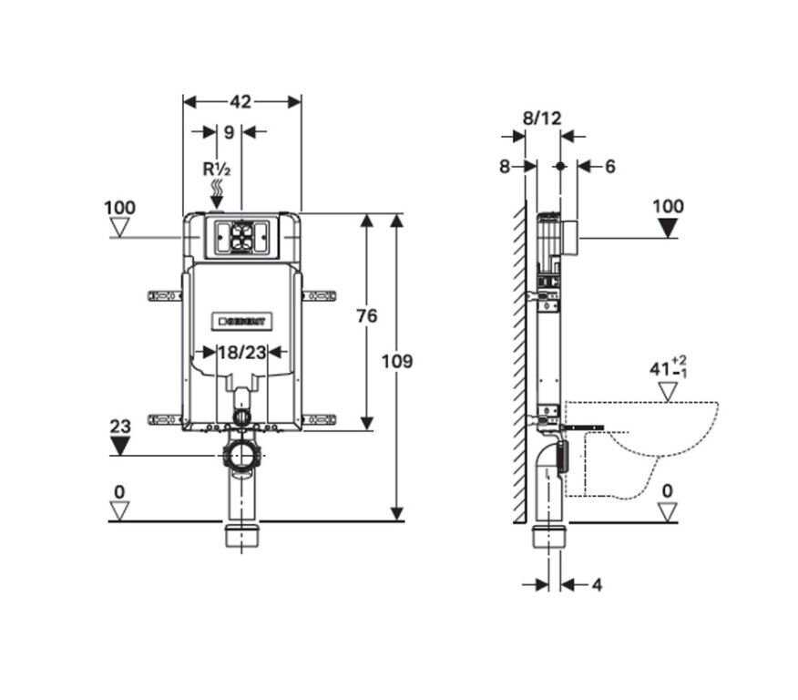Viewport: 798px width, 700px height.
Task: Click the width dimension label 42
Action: pos(240,102)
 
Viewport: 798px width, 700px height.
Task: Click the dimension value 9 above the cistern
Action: pos(230,132)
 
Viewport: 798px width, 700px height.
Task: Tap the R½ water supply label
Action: pos(217,169)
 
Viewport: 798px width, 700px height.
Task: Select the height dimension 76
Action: pos(367,316)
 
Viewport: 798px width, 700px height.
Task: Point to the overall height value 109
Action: pos(397,362)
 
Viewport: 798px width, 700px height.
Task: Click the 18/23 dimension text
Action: pos(242,353)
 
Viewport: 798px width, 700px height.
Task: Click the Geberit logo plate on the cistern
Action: pos(241,321)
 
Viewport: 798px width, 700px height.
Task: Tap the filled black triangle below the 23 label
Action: pos(120,447)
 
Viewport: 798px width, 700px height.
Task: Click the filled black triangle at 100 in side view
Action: pos(668,228)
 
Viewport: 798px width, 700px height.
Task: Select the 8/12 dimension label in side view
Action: pos(542,118)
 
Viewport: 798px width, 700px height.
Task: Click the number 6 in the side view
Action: pos(609,167)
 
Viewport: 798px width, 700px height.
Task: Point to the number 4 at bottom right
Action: pos(597,585)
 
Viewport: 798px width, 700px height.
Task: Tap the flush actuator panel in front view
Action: pos(241,237)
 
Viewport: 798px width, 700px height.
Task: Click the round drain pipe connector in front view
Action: pos(241,454)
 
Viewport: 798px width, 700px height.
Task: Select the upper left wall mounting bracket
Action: pos(164,295)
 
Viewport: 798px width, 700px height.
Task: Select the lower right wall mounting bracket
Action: pos(319,419)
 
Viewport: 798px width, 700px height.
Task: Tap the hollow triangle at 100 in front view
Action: pos(120,228)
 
